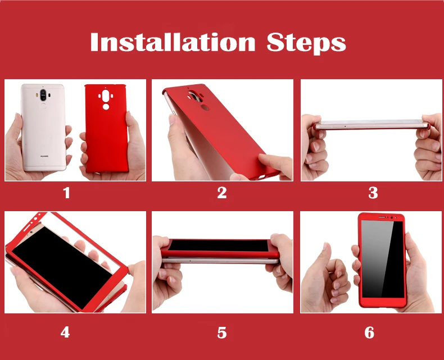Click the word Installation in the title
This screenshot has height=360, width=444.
click(173, 42)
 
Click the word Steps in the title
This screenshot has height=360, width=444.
click(306, 43)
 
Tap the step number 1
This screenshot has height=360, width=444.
click(66, 193)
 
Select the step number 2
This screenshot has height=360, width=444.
click(222, 193)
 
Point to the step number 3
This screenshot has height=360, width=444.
click(373, 193)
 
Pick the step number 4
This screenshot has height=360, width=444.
click(65, 332)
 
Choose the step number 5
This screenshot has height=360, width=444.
click(222, 332)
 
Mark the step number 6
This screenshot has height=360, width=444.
click(369, 332)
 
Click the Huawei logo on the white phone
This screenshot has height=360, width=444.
click(44, 156)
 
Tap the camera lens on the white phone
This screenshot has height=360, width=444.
click(43, 95)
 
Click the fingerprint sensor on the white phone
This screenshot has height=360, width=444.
click(43, 106)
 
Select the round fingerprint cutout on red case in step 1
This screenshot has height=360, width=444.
click(106, 107)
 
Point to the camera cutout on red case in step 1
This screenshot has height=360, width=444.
click(106, 96)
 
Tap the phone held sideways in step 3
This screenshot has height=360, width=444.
click(371, 125)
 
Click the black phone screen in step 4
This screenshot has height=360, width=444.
click(62, 267)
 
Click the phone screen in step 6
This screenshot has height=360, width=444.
click(383, 259)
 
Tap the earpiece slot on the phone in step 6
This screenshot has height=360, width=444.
click(383, 217)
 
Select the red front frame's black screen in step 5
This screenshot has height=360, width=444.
click(219, 245)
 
